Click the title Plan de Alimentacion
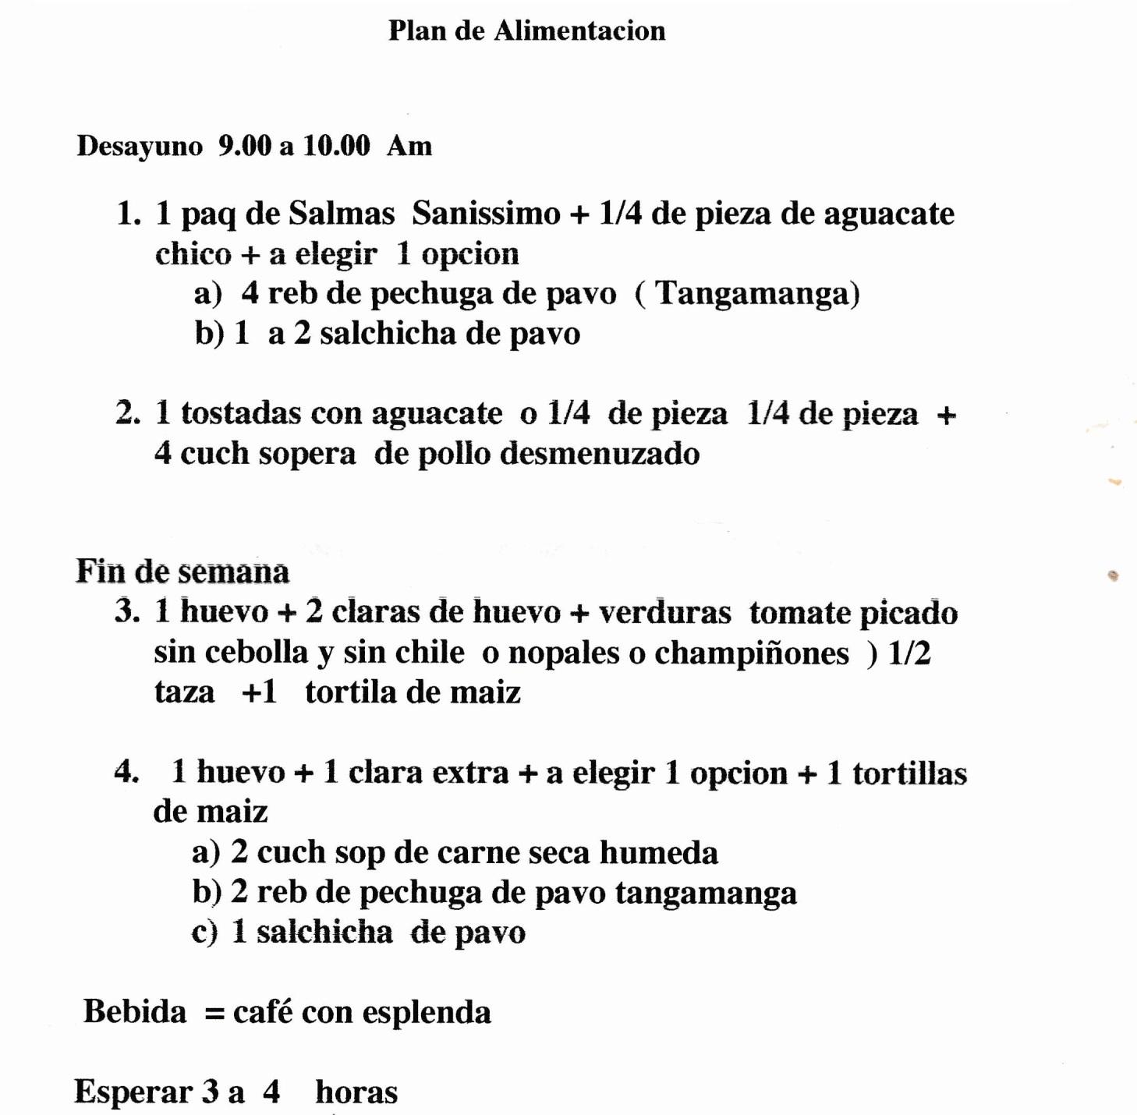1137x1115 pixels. pyautogui.click(x=527, y=31)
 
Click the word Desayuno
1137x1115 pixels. pyautogui.click(x=140, y=147)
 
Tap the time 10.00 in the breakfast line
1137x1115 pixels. pyautogui.click(x=336, y=146)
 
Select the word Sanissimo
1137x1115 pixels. pyautogui.click(x=486, y=214)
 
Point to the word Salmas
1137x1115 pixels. pyautogui.click(x=342, y=214)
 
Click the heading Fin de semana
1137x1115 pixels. pyautogui.click(x=182, y=572)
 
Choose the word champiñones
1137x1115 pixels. pyautogui.click(x=751, y=653)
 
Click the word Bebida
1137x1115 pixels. pyautogui.click(x=135, y=1012)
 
